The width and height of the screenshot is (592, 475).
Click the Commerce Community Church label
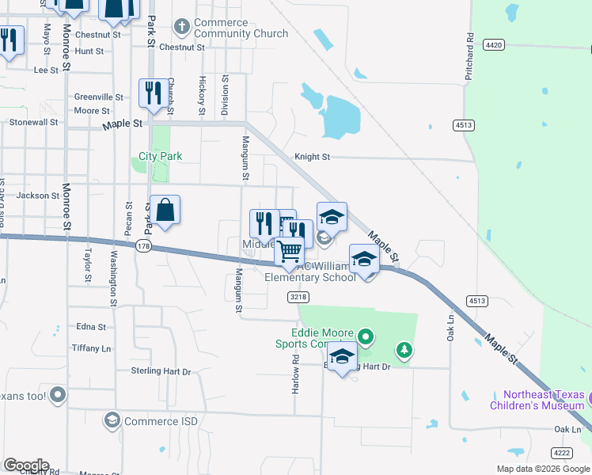click(x=230, y=28)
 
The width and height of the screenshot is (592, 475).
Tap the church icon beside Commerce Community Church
click(x=182, y=28)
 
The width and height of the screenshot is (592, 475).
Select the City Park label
click(x=161, y=156)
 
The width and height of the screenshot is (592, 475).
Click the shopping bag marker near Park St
click(x=166, y=211)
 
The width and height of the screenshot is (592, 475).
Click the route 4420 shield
click(x=494, y=45)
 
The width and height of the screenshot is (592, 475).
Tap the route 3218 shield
click(x=298, y=297)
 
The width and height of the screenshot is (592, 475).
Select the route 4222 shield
click(x=561, y=453)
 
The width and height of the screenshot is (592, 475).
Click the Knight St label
click(x=312, y=157)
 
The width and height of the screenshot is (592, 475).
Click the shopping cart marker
click(x=290, y=252)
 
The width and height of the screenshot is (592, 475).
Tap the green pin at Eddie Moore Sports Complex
click(x=365, y=337)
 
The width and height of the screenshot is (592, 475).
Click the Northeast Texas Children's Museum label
click(x=545, y=401)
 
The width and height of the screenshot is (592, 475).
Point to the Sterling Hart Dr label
click(x=162, y=370)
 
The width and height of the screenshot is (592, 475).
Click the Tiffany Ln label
click(x=91, y=348)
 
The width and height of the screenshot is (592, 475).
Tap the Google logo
click(x=26, y=465)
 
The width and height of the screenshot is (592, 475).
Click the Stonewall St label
click(x=33, y=123)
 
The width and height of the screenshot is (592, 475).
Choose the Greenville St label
click(x=98, y=97)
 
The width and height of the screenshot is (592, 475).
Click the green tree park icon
click(x=404, y=349)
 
